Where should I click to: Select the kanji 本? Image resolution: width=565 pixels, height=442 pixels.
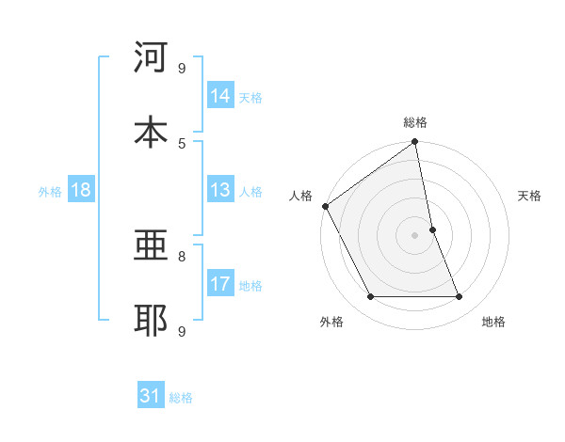(x=151, y=133)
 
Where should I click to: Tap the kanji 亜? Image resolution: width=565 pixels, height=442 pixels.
(x=151, y=247)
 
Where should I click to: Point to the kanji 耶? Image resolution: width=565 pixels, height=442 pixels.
(x=151, y=321)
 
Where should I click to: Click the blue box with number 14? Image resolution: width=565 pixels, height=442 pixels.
(x=220, y=96)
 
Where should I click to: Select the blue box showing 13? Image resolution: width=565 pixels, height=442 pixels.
(x=220, y=191)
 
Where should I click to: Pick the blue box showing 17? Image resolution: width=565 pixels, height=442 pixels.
(x=220, y=284)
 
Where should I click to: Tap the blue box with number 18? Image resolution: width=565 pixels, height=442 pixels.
(x=81, y=191)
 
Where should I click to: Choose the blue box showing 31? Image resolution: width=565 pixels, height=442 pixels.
(x=151, y=397)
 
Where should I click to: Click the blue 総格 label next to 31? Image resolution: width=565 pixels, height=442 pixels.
(x=181, y=398)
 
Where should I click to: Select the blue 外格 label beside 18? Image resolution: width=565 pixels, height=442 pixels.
(x=50, y=192)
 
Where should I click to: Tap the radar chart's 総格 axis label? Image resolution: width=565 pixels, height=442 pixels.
(x=415, y=122)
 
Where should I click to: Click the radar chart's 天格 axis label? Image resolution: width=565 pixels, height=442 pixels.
(x=529, y=196)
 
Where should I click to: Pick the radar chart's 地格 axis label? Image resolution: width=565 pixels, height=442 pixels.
(x=493, y=322)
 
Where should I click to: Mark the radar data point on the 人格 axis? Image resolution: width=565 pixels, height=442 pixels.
(x=325, y=206)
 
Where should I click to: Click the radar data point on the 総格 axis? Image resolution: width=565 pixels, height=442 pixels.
(x=415, y=143)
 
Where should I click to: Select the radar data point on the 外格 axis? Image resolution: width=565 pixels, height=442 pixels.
(x=370, y=297)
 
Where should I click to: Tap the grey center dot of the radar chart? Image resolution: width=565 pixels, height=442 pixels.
(x=415, y=235)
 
